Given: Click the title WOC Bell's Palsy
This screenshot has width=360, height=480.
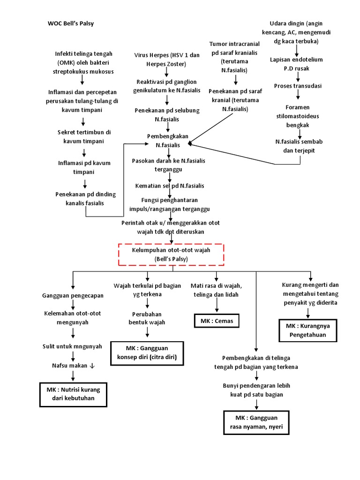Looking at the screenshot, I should [71, 23].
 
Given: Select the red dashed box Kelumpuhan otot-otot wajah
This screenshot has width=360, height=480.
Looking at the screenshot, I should [171, 255].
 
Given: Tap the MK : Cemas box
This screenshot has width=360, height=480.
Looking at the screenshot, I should [216, 321].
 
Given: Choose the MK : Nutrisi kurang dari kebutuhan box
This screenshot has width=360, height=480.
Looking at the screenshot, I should [73, 394].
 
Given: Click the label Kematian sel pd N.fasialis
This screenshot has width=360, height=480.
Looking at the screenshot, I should [169, 186].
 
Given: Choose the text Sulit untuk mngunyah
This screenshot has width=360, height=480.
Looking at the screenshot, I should [73, 346].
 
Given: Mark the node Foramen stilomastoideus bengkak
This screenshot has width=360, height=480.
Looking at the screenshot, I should [298, 116].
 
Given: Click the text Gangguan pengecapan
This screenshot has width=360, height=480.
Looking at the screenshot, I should [73, 296].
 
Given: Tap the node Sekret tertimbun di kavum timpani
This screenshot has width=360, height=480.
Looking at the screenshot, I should [84, 136].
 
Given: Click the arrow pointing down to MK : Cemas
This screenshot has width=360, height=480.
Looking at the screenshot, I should [216, 305].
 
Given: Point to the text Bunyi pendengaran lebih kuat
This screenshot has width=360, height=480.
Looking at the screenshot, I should [256, 390].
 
